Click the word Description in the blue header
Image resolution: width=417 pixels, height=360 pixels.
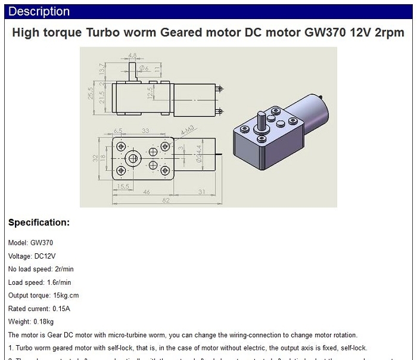click(39, 11)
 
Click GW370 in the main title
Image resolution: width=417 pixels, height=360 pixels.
click(326, 33)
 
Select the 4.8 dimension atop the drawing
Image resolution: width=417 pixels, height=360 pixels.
click(132, 55)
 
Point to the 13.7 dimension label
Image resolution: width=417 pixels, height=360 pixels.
click(102, 69)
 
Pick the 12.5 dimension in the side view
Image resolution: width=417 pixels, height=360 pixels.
click(151, 94)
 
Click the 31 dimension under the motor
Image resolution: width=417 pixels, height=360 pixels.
click(201, 193)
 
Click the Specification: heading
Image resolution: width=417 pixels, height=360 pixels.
click(39, 223)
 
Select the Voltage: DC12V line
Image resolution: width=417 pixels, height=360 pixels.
click(32, 256)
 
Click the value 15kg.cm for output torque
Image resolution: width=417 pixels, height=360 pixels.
click(66, 296)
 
